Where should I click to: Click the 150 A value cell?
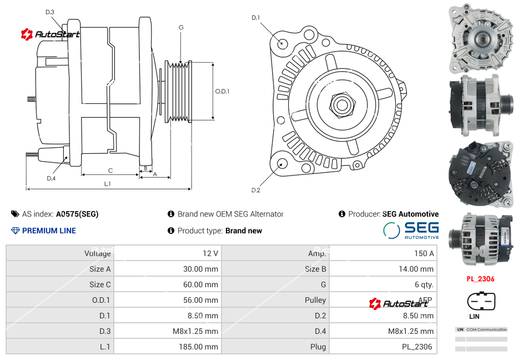[424, 253]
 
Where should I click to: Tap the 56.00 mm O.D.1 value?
[203, 300]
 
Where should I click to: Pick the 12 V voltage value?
[210, 253]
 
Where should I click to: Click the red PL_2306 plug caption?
[480, 279]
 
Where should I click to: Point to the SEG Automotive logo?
[411, 230]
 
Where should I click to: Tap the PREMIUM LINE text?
[49, 231]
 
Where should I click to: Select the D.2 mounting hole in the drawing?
[281, 163]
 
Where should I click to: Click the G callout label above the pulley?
[181, 27]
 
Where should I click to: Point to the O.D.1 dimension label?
[222, 91]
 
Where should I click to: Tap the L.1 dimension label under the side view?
[107, 184]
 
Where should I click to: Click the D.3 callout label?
[50, 12]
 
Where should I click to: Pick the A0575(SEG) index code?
[77, 214]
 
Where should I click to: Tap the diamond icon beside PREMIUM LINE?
[15, 231]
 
